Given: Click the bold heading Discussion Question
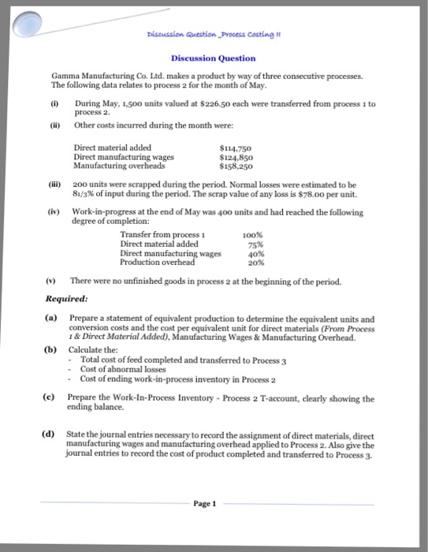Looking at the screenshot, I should click(x=214, y=58).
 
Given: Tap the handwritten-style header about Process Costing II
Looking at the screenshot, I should click(x=214, y=35).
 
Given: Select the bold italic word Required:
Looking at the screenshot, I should click(x=67, y=299).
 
